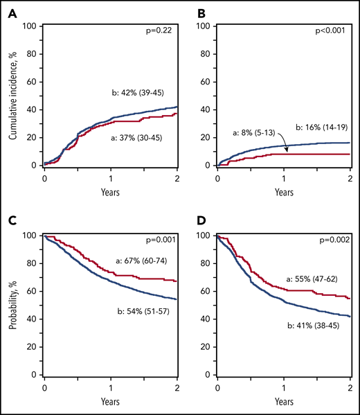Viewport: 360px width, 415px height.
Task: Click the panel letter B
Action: (187, 11)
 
